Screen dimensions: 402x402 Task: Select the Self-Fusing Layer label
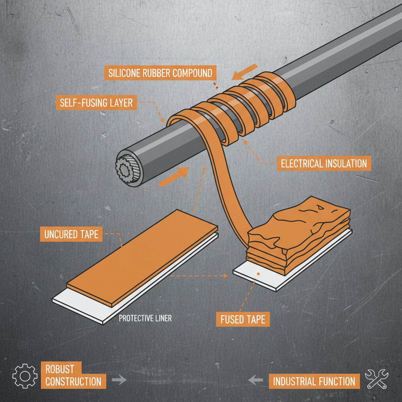tap(96, 103)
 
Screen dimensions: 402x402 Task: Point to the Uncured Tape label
tap(71, 235)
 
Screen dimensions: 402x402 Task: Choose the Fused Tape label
tap(243, 319)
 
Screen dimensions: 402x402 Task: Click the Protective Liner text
tap(145, 318)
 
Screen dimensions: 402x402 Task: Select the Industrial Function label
tap(314, 381)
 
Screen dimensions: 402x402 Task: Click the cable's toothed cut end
tap(128, 170)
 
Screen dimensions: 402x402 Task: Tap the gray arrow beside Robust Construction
tap(119, 380)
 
